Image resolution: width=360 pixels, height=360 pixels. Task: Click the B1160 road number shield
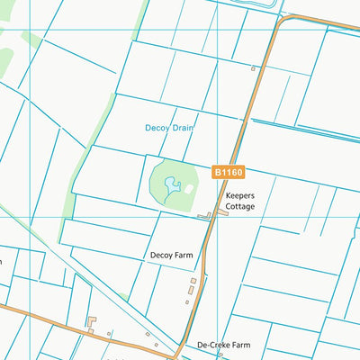point(227,171)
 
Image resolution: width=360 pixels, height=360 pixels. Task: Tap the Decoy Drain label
point(170,128)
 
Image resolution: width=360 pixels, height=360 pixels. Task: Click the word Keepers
point(241,195)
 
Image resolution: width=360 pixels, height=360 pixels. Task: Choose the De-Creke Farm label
point(223,345)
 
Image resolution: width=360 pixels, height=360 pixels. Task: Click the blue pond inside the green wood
point(170,187)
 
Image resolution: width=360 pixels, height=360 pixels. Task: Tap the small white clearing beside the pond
point(188,188)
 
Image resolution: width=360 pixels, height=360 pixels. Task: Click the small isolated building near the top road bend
point(254,68)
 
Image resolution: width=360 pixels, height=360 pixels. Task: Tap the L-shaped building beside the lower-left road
point(91,320)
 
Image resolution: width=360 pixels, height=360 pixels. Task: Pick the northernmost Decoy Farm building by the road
point(193,281)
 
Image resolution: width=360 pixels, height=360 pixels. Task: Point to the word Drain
point(184,128)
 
